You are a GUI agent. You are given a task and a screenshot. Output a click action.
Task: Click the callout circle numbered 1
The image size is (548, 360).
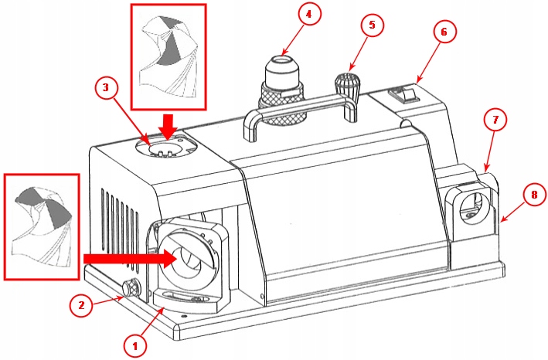point(135,341)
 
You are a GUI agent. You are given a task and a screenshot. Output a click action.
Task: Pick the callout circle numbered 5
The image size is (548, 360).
point(372,25)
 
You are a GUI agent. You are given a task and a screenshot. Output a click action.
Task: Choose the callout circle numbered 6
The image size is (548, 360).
point(443,32)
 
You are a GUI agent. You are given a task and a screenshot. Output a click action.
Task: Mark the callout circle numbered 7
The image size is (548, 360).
point(495,121)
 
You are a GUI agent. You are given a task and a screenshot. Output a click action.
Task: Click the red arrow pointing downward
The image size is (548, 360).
point(168,124)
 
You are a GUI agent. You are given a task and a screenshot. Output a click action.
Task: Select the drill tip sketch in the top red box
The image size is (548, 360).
point(166,58)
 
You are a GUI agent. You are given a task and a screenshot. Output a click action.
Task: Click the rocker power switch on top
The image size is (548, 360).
point(404,96)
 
